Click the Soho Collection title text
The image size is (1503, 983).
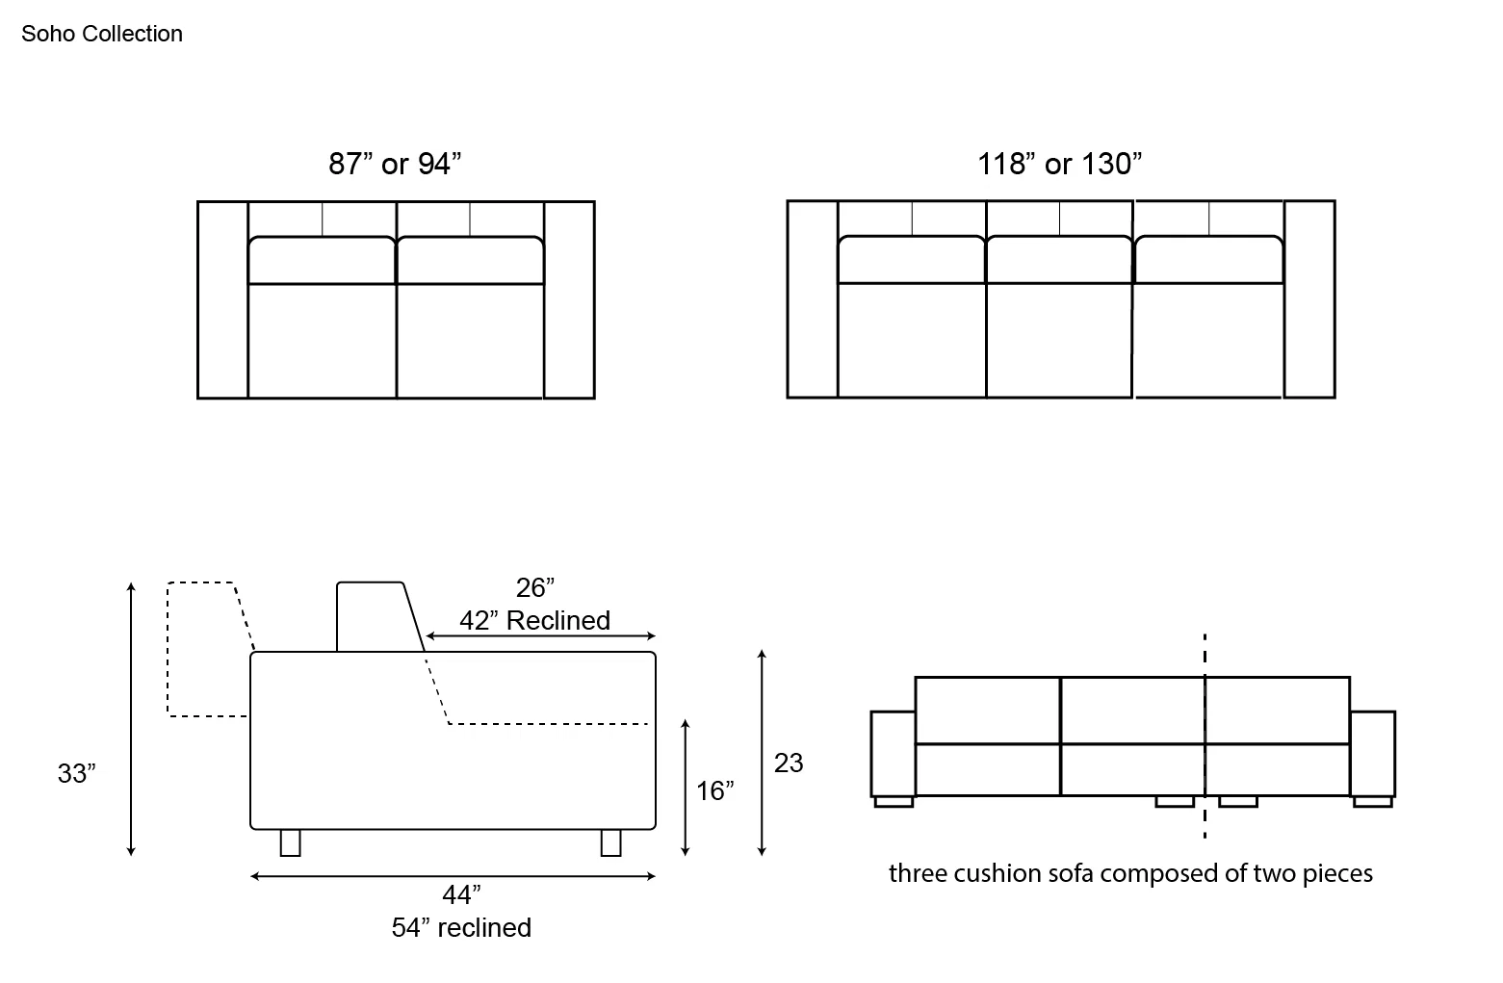(x=102, y=34)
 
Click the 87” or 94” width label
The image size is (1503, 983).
(x=395, y=164)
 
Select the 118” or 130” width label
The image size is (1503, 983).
(x=1059, y=164)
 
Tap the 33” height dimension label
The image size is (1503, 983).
(x=76, y=773)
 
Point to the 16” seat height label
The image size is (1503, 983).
(x=714, y=790)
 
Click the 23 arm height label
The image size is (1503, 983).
(x=789, y=763)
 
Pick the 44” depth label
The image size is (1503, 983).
(x=461, y=895)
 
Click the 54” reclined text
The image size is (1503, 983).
(x=461, y=928)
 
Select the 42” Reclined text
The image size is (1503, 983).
(x=534, y=621)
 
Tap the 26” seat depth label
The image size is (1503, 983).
(x=534, y=588)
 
